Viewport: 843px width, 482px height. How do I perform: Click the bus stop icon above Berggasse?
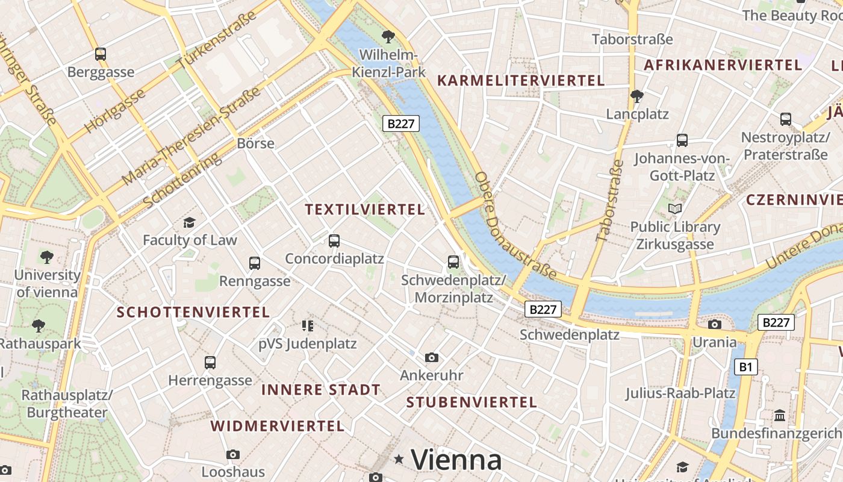[x=101, y=54]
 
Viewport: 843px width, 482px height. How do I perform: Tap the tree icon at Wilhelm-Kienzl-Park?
[x=388, y=37]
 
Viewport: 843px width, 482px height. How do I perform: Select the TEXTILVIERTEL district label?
[x=365, y=210]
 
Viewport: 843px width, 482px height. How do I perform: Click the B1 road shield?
[x=745, y=366]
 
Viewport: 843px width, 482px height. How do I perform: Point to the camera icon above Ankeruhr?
[x=432, y=358]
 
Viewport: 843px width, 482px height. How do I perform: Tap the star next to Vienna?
[x=399, y=460]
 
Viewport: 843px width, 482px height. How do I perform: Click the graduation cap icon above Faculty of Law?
[x=190, y=223]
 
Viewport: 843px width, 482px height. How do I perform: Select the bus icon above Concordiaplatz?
[x=334, y=241]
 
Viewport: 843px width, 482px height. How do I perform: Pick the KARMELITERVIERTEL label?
[x=521, y=81]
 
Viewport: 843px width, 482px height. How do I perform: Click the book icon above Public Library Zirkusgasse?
[x=675, y=209]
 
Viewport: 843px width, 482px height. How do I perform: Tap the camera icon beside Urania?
[x=715, y=325]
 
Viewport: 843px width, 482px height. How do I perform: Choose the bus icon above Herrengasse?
[x=210, y=363]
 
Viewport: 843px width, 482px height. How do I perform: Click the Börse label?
[x=255, y=143]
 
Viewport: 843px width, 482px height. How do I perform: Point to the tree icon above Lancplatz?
[x=636, y=96]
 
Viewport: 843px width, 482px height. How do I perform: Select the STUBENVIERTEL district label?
[x=471, y=402]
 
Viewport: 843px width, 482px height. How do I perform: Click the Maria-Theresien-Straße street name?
[x=191, y=136]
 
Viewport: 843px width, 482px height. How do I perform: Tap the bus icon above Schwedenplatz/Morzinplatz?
[x=453, y=262]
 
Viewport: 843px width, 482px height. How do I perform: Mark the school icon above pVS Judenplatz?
[x=308, y=326]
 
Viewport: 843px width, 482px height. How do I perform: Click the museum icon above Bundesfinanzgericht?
[x=780, y=416]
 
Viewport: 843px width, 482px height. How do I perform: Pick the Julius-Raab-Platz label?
[x=680, y=393]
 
